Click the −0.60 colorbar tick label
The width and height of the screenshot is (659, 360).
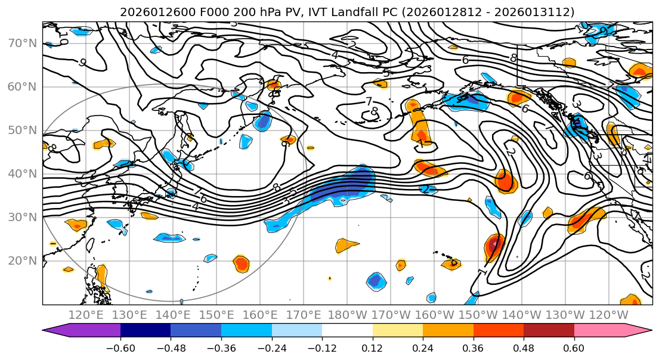pyautogui.click(x=120, y=347)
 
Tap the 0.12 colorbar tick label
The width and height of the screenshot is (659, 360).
pyautogui.click(x=373, y=347)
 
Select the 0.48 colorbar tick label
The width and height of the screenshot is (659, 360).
pyautogui.click(x=524, y=347)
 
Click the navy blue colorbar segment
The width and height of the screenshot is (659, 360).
pyautogui.click(x=146, y=330)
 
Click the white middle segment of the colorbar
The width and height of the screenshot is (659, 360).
pyautogui.click(x=347, y=330)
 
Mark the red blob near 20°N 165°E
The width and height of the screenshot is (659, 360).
pyautogui.click(x=241, y=263)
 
